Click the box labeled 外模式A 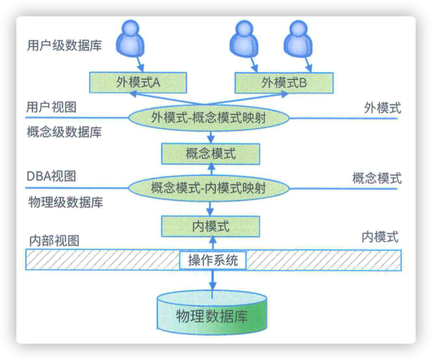click(137, 82)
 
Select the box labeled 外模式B click(284, 82)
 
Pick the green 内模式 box click(210, 225)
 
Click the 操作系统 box click(213, 260)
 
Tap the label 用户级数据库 click(65, 46)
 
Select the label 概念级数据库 click(65, 133)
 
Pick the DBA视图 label click(51, 176)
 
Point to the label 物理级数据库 click(66, 203)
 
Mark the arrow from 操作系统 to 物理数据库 click(213, 280)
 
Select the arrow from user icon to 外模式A click(137, 64)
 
